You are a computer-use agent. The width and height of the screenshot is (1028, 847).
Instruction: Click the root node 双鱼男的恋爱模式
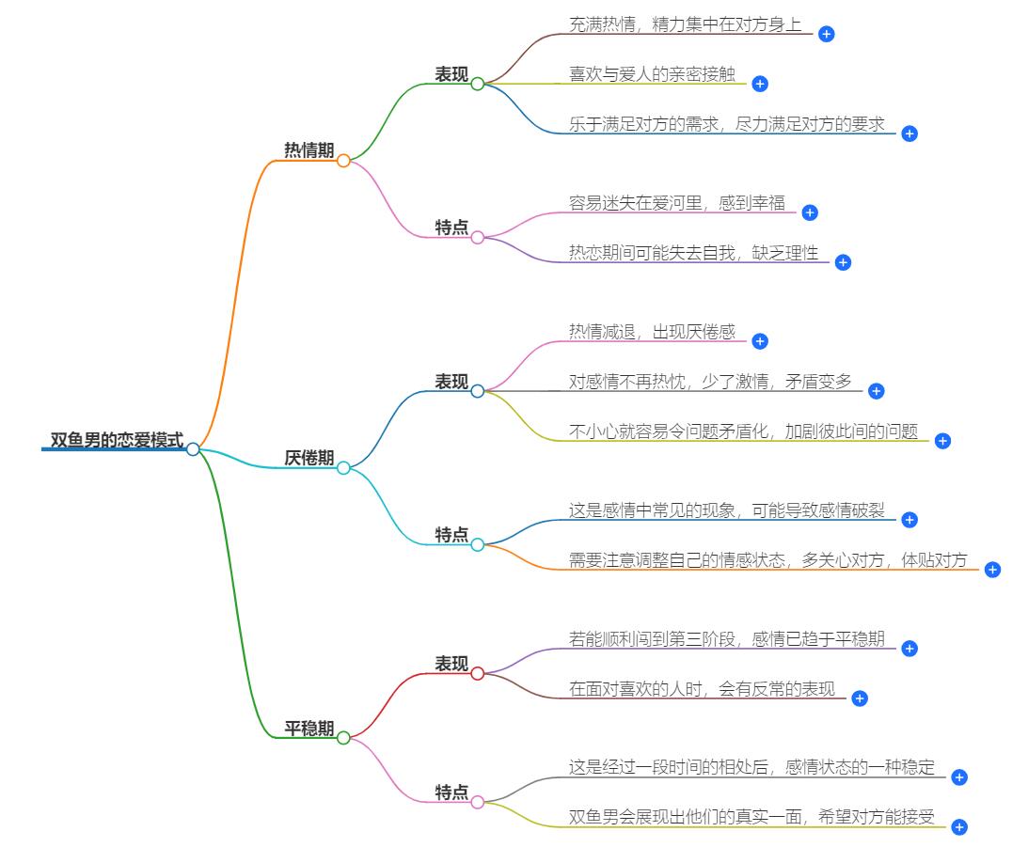point(117,440)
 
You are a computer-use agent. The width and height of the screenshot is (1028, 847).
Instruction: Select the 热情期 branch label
point(308,150)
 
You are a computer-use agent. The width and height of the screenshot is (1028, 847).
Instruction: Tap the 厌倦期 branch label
point(308,458)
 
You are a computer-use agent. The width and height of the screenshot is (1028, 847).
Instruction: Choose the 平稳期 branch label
point(308,729)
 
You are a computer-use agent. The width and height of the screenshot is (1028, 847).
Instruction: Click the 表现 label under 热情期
point(451,74)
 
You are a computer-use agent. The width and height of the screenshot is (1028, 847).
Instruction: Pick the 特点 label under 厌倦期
point(451,535)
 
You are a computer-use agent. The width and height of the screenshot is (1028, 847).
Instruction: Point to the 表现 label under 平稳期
point(451,664)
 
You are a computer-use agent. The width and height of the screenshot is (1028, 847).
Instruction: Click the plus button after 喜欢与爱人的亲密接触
point(760,84)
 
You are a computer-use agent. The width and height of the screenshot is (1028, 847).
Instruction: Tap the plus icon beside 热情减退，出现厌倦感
point(760,341)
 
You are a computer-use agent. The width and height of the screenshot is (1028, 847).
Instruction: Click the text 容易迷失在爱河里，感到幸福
point(676,203)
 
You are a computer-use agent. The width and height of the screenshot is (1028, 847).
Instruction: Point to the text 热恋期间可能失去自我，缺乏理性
point(693,253)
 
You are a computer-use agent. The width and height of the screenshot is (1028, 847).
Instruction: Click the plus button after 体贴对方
point(992,570)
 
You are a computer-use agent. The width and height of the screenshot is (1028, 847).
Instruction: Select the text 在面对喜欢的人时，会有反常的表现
point(702,689)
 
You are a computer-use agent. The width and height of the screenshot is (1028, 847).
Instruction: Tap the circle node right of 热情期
point(343,161)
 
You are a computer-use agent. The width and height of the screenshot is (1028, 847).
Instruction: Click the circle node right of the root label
point(193,449)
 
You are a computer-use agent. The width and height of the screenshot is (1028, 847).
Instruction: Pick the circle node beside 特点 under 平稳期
point(477,802)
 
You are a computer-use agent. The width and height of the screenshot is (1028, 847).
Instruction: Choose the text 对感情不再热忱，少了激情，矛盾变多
point(710,382)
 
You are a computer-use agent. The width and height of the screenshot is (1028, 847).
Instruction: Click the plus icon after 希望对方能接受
point(958,827)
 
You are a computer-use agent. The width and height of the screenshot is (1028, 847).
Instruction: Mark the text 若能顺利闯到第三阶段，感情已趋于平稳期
point(726,639)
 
